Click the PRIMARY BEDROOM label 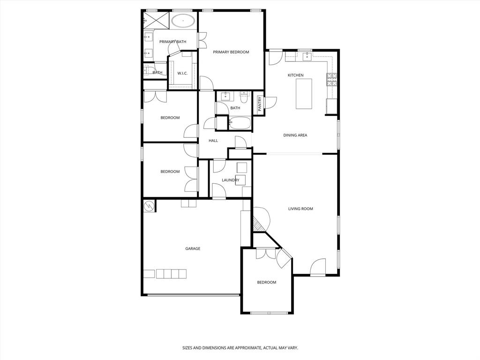click(x=231, y=52)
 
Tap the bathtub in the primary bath click(x=183, y=21)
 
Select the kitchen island click(x=304, y=94)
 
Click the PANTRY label click(x=259, y=104)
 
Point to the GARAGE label click(x=193, y=248)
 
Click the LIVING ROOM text click(x=300, y=209)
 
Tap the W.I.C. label click(x=182, y=73)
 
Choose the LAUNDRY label click(x=231, y=180)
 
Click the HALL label click(x=213, y=141)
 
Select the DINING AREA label click(x=295, y=135)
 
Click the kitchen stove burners click(x=332, y=79)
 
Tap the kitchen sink click(x=307, y=57)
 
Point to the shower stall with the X click(x=155, y=20)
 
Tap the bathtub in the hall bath click(x=240, y=123)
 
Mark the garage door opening click(x=193, y=295)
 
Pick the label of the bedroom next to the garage click(x=266, y=282)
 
